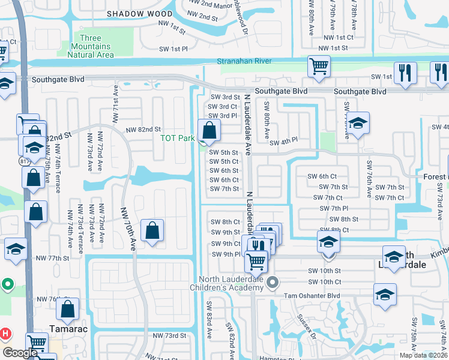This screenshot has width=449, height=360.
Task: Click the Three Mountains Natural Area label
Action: (90, 47)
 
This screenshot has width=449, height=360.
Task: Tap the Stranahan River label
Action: (244, 61)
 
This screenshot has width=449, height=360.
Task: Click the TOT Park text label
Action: (177, 139)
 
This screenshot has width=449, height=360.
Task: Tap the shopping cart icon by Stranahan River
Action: (319, 67)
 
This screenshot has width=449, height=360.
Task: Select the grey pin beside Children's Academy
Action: (274, 281)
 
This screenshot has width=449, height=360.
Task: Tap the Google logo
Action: (20, 353)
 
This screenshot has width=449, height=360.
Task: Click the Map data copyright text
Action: (423, 355)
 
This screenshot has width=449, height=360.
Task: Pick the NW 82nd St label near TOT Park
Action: (143, 130)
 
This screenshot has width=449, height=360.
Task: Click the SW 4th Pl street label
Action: (283, 143)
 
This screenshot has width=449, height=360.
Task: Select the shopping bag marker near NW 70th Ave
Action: (152, 231)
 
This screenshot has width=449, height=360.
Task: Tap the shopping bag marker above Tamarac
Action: (68, 309)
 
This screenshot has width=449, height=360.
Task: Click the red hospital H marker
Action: (5, 333)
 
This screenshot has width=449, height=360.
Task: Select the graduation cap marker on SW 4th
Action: (358, 125)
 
